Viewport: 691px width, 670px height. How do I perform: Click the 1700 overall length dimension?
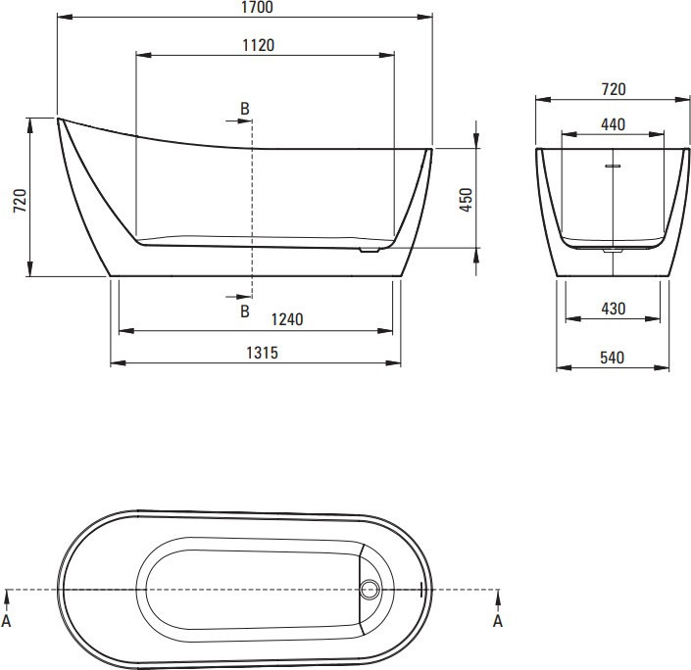[x=258, y=7]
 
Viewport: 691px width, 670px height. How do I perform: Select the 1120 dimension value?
[x=258, y=45]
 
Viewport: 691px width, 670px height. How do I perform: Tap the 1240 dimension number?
[x=287, y=319]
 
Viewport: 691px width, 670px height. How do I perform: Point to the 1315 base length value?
[x=262, y=353]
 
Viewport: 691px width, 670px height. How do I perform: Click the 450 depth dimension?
[x=466, y=200]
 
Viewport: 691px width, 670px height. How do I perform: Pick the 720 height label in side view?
[x=20, y=201]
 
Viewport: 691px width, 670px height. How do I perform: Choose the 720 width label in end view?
[x=614, y=89]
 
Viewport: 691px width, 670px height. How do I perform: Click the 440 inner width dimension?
[x=613, y=124]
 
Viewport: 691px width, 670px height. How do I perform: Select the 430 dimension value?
[x=613, y=309]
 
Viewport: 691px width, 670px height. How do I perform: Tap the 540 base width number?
[x=613, y=358]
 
